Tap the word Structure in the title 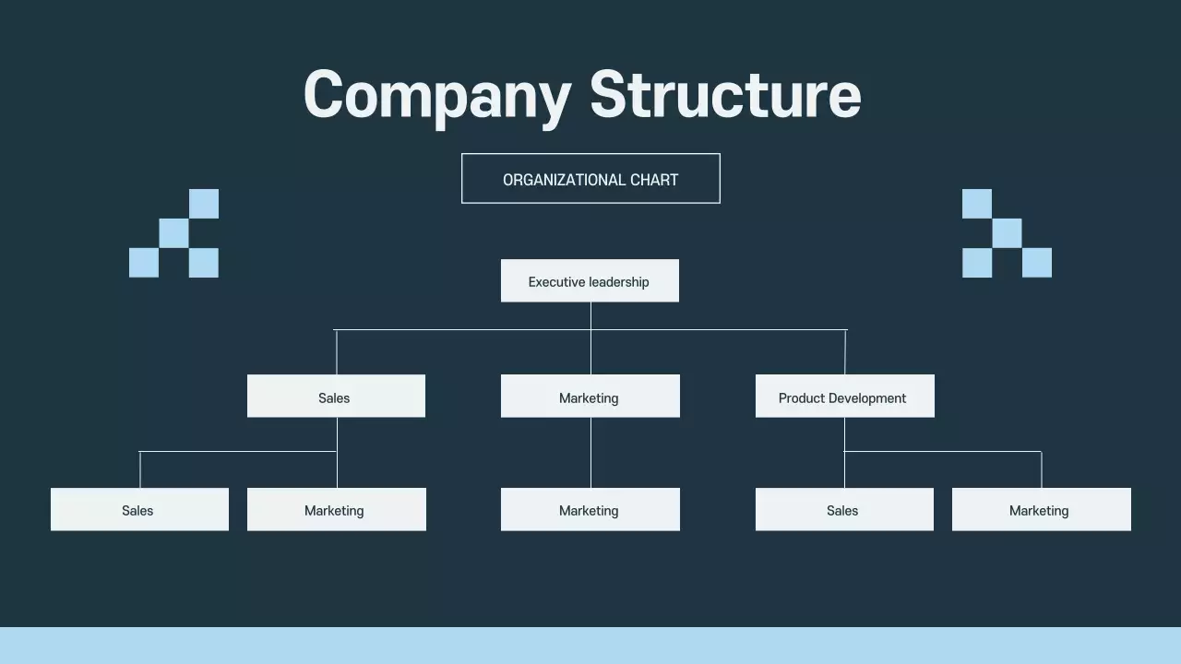point(725,95)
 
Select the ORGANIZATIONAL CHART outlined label point(590,179)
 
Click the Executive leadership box point(590,281)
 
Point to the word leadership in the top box point(613,282)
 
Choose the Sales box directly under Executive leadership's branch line point(336,397)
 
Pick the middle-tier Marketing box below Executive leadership point(590,397)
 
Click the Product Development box point(844,397)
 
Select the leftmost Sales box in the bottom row point(139,510)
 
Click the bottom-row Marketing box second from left point(336,510)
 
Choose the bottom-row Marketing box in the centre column point(590,510)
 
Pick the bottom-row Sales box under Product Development point(844,510)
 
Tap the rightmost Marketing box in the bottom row point(1041,510)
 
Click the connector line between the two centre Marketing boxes point(590,453)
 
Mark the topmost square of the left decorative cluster point(204,204)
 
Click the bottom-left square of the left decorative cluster point(144,263)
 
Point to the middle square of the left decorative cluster point(173,233)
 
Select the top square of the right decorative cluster point(977,204)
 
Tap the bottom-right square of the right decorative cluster point(1037,263)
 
